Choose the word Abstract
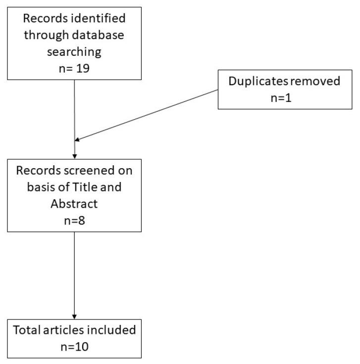pos(74,204)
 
